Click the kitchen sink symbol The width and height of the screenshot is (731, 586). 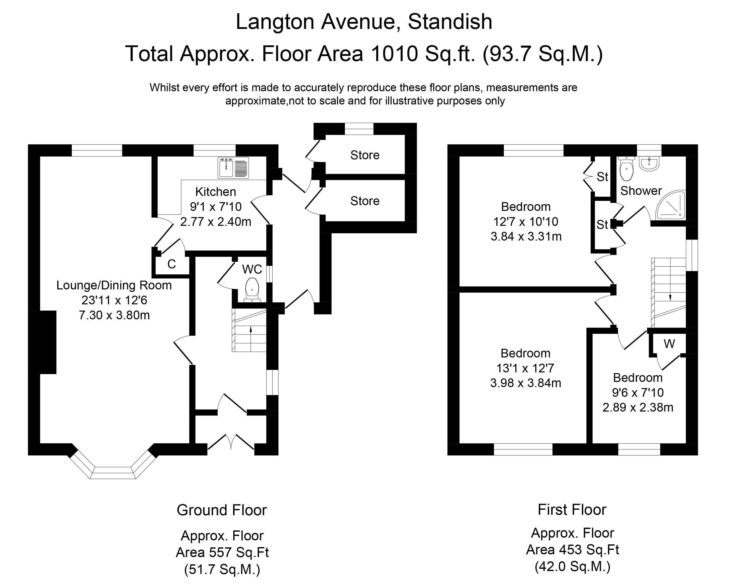pos(233,168)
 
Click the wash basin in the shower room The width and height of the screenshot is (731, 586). pos(649,163)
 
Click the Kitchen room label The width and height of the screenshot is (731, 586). pos(216,192)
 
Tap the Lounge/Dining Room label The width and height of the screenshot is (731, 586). pos(114,285)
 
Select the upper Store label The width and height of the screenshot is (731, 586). pos(365,155)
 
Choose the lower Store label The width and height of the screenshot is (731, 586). pos(365,201)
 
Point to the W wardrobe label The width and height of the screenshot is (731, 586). pos(669,344)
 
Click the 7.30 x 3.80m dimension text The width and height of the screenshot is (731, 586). pos(114,315)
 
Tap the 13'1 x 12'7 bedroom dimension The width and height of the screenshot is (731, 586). pos(525,368)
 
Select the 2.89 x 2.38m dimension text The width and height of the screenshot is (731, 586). pos(638,407)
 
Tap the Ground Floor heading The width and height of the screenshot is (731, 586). pos(222,510)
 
